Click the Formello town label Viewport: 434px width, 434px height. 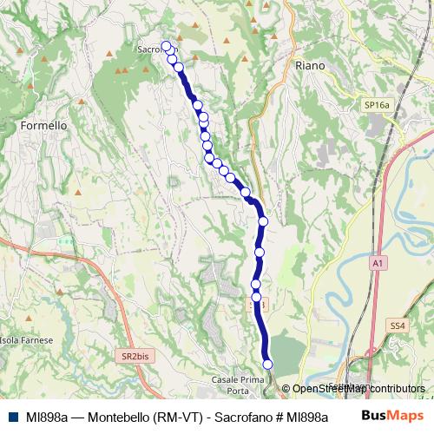pos(43,125)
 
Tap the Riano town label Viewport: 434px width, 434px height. pos(309,65)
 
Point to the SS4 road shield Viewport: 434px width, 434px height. pos(398,325)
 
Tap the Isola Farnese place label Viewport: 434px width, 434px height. pos(28,340)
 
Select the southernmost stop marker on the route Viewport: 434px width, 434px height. pos(267,364)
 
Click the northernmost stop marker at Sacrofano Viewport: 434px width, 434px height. pos(166,46)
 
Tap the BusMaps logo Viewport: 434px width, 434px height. pos(392,417)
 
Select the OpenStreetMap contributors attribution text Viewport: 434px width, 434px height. pos(357,389)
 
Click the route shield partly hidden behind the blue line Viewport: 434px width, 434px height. pos(255,305)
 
